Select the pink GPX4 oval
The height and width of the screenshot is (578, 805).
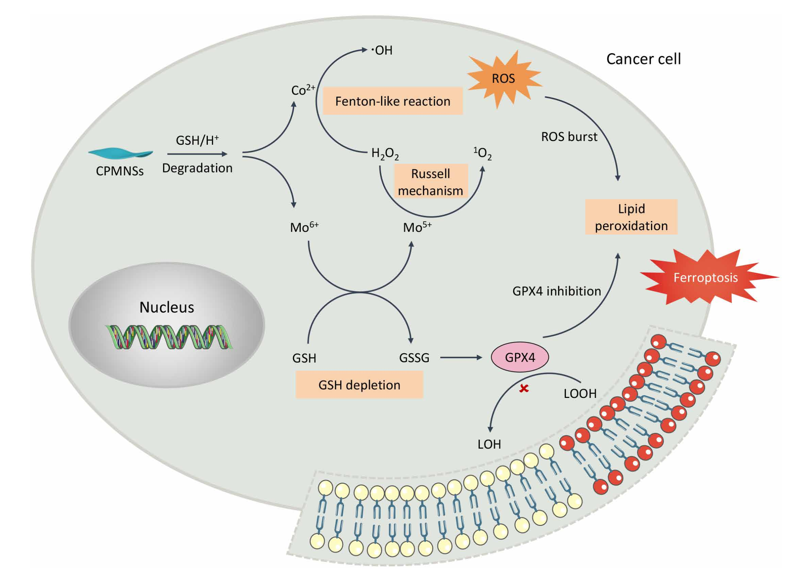click(520, 357)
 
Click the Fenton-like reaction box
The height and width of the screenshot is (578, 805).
click(393, 102)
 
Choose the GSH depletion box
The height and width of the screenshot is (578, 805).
click(359, 385)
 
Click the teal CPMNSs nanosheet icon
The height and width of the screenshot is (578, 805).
click(120, 153)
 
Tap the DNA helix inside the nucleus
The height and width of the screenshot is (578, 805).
click(169, 337)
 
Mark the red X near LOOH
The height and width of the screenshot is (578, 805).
click(524, 389)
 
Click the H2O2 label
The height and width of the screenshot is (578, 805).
click(385, 154)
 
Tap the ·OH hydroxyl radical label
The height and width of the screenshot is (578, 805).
click(382, 50)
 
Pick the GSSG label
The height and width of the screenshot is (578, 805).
click(414, 358)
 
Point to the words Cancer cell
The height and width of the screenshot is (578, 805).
click(643, 59)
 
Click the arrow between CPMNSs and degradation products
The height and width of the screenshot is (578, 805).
click(197, 154)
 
